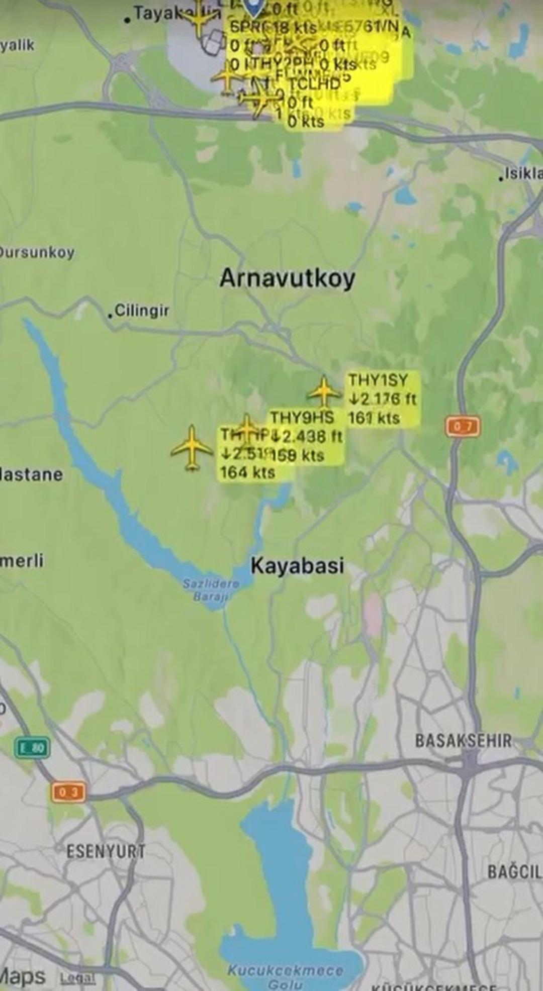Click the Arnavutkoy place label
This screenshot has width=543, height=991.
pos(287,278)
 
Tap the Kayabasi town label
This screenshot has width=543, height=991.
pos(297,565)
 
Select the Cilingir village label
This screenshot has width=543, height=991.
pos(141,310)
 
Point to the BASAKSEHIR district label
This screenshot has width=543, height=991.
pos(463,740)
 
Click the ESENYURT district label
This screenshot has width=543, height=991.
pos(106,851)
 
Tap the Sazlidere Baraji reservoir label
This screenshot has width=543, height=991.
pos(211,589)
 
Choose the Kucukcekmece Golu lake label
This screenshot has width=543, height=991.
pos(285,976)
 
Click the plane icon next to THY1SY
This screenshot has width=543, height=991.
pos(324,391)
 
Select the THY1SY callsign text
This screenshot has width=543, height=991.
pos(378,380)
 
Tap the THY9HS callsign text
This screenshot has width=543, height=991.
pos(302,418)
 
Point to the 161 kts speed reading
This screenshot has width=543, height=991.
pos(374,418)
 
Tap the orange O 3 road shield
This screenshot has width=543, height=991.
pos(68,792)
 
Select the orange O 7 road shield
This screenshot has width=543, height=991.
pos(463,427)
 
